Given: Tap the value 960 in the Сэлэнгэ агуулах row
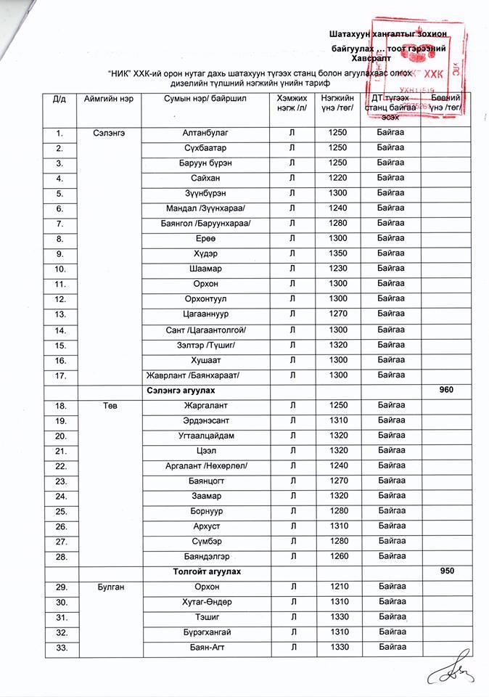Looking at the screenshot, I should (447, 390).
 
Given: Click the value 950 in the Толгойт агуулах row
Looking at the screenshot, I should (447, 571).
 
